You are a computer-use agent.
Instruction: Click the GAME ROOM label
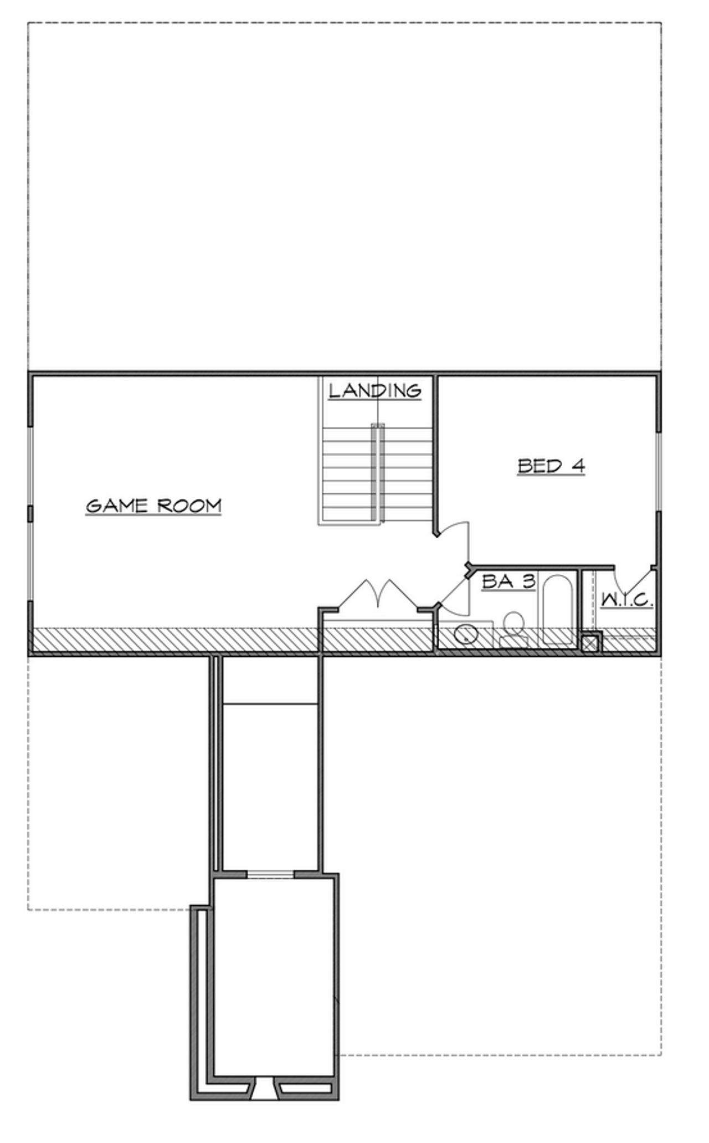[x=153, y=506]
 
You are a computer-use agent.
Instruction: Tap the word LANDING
[x=375, y=391]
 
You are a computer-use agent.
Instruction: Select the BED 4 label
[x=551, y=466]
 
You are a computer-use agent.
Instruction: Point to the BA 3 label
[x=508, y=581]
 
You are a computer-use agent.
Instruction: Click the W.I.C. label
[x=627, y=600]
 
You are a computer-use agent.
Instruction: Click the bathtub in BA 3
[x=558, y=610]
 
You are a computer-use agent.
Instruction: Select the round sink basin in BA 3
[x=466, y=633]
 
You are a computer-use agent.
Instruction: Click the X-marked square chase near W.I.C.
[x=591, y=643]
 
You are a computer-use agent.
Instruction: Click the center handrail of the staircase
[x=377, y=471]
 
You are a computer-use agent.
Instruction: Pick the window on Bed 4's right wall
[x=658, y=471]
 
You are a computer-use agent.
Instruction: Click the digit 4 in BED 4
[x=578, y=466]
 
